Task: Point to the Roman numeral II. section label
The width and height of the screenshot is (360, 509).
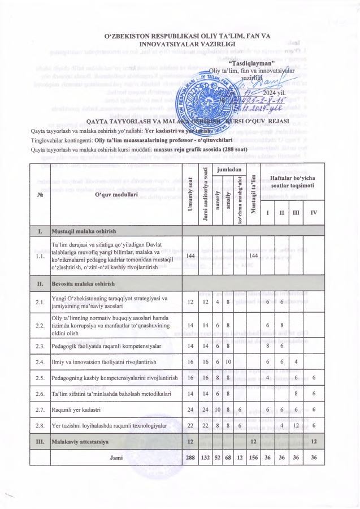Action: coord(40,283)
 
